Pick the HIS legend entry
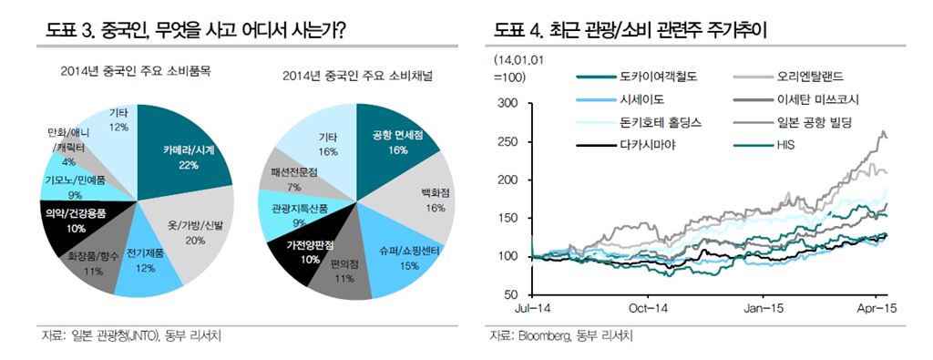click(789, 143)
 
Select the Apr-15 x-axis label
click(877, 309)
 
